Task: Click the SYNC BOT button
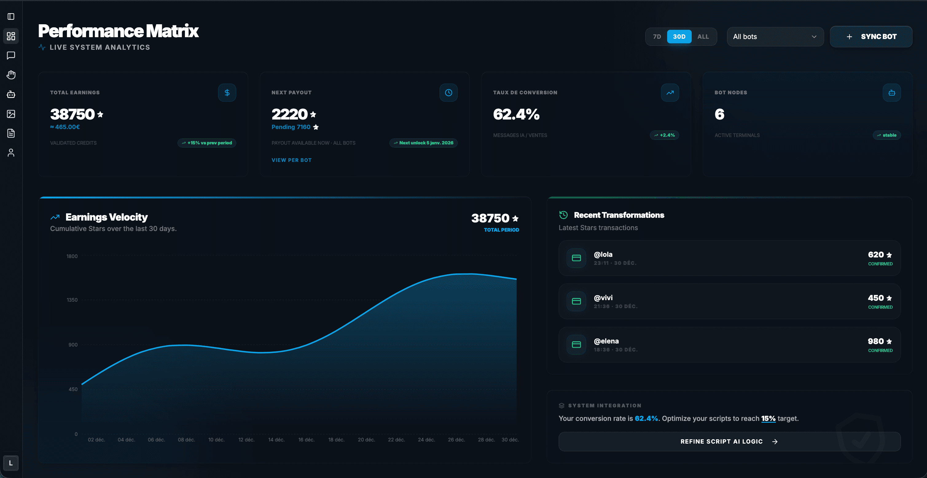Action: coord(870,37)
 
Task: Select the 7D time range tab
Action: coord(657,37)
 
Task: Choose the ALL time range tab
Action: coord(703,37)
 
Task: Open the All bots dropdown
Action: coord(775,37)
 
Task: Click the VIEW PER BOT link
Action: coord(291,160)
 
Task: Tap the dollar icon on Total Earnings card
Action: coord(227,93)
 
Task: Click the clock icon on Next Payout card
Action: coord(448,93)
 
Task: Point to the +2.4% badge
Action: coord(664,135)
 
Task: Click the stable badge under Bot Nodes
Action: coord(886,135)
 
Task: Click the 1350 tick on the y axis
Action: coord(72,300)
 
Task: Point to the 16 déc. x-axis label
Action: coord(306,440)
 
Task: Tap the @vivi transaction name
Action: coord(603,298)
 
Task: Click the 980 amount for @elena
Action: coord(875,341)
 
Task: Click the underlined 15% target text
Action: coord(768,419)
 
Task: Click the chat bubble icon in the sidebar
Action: coord(11,55)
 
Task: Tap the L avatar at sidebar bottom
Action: coord(11,463)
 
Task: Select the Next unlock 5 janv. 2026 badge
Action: coord(423,143)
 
